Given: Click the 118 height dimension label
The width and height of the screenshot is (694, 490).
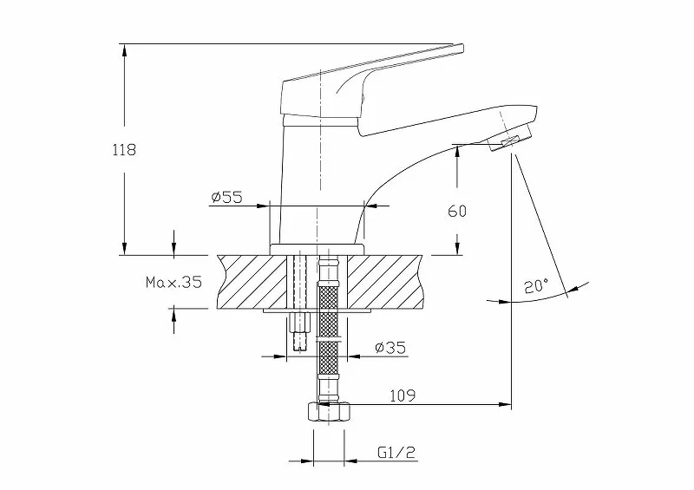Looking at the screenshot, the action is pos(124,150).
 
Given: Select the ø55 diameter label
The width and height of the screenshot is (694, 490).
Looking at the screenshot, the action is pos(227,197).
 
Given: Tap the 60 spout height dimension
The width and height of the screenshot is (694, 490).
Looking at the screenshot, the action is pos(457,211).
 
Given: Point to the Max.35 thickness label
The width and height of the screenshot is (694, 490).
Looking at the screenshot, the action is pos(173,282).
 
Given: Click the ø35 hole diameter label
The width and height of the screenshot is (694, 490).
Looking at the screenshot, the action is pos(390,348).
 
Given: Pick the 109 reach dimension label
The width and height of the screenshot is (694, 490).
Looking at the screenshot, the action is pos(403,395).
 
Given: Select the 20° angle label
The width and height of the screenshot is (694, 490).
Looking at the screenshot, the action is pos(536,286).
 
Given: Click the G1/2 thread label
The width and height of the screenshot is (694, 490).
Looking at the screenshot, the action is pos(397,453).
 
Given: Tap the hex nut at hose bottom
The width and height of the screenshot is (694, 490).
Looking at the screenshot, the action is pos(329,411).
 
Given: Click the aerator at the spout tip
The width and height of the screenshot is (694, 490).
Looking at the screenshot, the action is pos(510,139).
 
